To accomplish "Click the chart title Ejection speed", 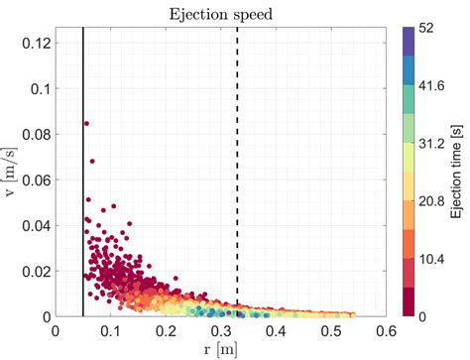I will coord(220,13).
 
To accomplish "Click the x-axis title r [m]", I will coord(220,349).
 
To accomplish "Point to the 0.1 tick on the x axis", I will coord(110,331).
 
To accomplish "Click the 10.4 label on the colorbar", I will coord(430,259).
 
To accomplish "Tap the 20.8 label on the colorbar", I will coord(430,201).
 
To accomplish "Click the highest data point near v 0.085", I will coord(86,124).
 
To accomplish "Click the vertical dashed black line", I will coord(237,149).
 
